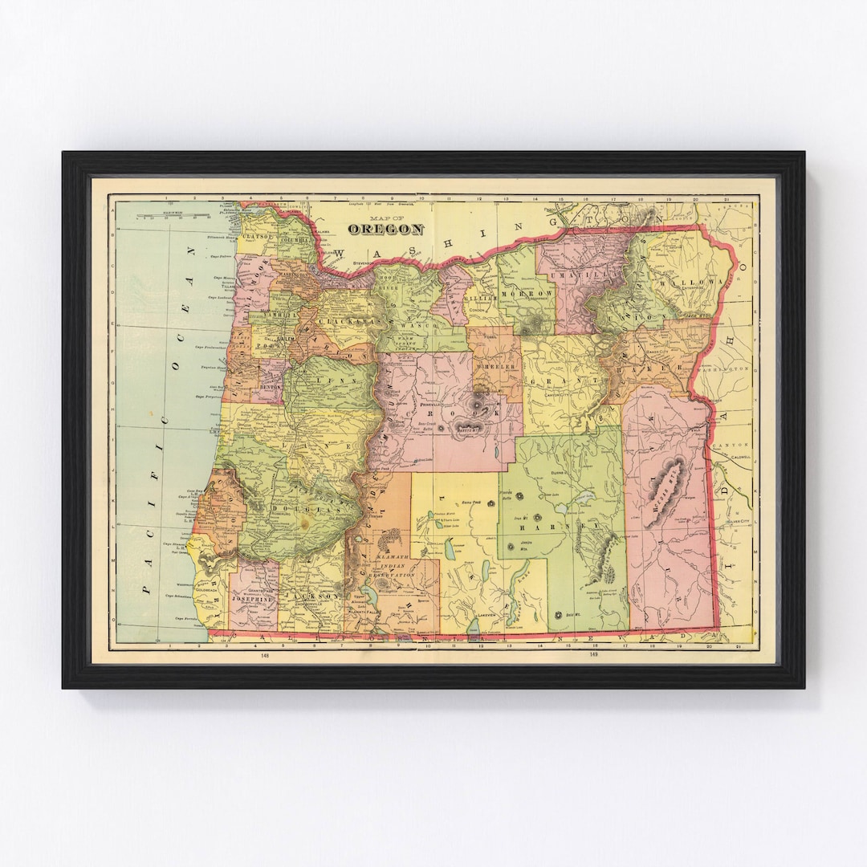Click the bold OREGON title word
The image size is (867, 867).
[385, 230]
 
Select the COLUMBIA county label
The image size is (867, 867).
[295, 239]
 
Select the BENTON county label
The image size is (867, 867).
[267, 386]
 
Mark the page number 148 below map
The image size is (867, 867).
[264, 656]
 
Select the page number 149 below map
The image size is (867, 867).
[593, 656]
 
